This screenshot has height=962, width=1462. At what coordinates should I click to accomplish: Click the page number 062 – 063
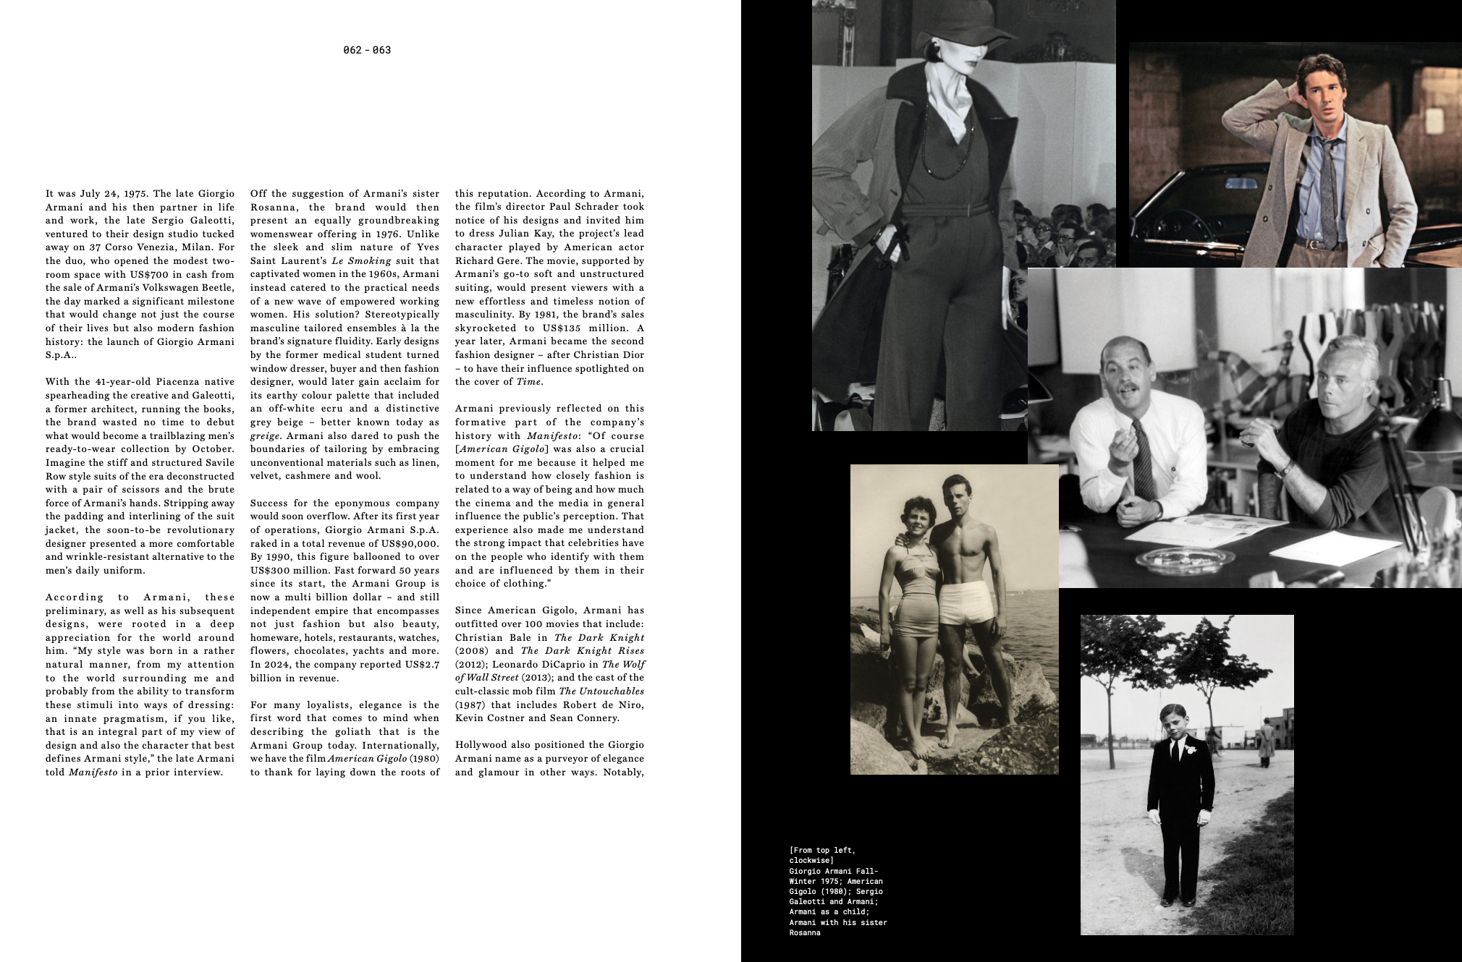(x=367, y=50)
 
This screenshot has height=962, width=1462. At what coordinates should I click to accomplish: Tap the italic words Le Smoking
(x=361, y=261)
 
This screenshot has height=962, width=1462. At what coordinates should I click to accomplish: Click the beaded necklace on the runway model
(x=934, y=145)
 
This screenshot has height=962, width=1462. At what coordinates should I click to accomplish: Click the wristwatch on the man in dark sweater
(x=1286, y=469)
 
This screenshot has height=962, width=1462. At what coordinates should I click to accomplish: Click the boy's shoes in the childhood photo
(x=1178, y=901)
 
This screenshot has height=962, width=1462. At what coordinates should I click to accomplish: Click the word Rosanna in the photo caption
(x=805, y=933)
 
